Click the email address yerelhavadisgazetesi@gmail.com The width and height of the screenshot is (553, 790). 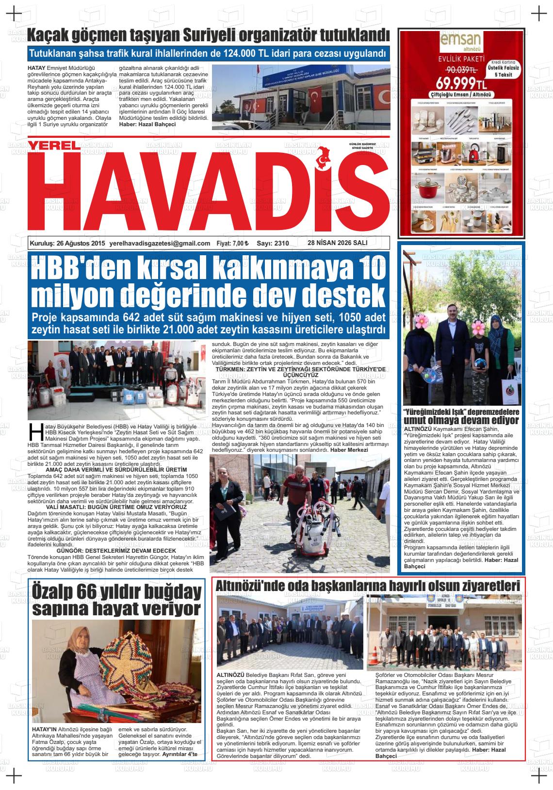[160, 244]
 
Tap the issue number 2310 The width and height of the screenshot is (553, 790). [279, 244]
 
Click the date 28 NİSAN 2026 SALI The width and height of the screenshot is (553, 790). [337, 243]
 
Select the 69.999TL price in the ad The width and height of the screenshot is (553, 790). [457, 81]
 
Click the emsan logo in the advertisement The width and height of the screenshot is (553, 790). [461, 41]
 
